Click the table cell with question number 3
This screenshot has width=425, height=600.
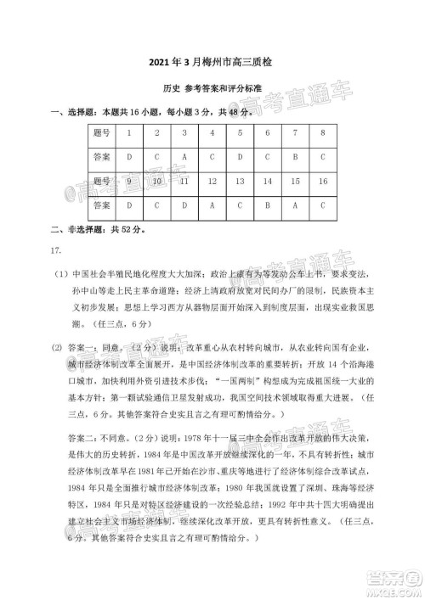click(x=184, y=133)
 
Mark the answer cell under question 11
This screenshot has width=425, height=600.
click(x=184, y=205)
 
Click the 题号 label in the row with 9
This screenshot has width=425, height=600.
click(x=101, y=182)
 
